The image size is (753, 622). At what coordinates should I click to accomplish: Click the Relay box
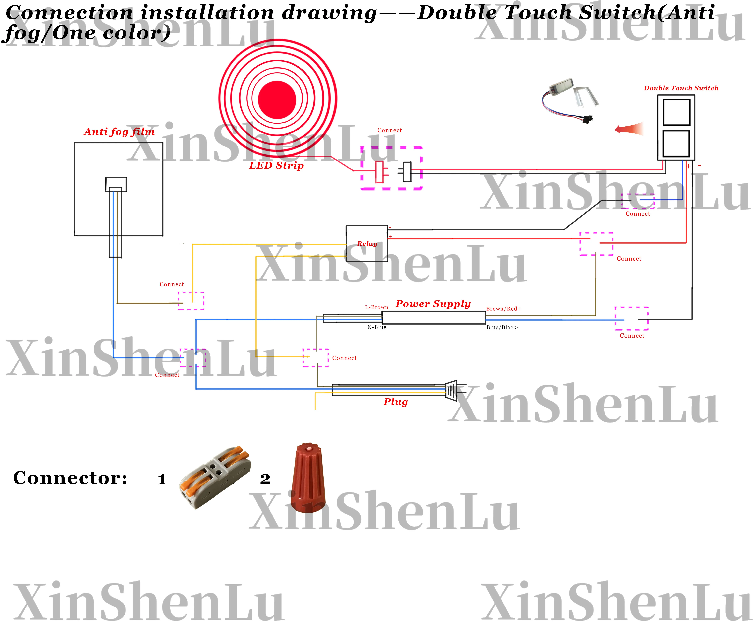coord(367,244)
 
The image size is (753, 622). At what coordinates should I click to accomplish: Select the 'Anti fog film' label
coord(119,132)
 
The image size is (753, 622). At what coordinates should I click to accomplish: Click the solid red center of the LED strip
coord(277,100)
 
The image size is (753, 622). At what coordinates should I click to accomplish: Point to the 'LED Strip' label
coord(276,166)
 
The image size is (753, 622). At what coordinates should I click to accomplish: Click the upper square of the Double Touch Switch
coord(676,112)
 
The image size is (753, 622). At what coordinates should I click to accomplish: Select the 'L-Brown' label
coord(376,307)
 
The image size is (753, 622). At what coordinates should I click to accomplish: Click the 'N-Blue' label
coord(377,327)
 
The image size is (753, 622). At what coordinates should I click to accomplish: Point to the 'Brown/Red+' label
coord(503,309)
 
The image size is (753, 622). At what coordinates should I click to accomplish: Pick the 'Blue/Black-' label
coord(502,327)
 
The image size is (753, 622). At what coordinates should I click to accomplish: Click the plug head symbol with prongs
coord(453,390)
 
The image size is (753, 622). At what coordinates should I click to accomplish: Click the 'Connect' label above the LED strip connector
coord(389,131)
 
